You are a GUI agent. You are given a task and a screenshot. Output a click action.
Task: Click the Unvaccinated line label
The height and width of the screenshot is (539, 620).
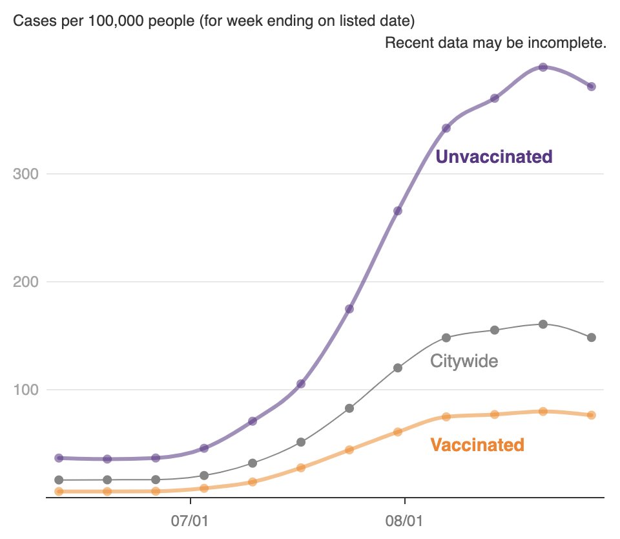(494, 156)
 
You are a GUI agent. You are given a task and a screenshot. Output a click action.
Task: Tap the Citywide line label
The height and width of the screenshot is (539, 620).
(464, 361)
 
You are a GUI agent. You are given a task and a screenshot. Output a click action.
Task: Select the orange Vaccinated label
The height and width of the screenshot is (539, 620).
(477, 445)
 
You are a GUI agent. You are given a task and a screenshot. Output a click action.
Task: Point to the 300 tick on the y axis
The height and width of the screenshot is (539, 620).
(26, 174)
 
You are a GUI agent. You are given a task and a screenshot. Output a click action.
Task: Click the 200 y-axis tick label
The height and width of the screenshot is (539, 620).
(26, 282)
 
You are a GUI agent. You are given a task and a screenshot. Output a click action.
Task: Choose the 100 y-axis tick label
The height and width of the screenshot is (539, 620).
(26, 390)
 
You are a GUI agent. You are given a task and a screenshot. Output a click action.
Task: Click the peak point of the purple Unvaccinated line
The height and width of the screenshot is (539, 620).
(543, 67)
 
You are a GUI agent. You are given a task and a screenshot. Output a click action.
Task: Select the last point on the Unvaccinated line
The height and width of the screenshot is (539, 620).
(591, 87)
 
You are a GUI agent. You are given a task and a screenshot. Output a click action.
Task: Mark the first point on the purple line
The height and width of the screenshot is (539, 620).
(59, 458)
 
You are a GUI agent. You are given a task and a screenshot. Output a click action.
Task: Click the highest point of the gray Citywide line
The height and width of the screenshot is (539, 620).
(543, 324)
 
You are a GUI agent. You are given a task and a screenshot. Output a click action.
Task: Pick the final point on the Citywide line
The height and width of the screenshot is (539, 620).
(591, 337)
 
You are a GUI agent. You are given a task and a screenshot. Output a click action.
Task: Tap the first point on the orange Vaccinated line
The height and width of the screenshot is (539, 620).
(59, 492)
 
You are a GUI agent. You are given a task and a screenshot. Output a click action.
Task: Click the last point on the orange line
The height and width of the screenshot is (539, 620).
(591, 415)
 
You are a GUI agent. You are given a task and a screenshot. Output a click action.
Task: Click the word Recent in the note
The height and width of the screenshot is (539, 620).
(405, 43)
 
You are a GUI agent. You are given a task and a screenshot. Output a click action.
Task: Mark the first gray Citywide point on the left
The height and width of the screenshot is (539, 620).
(59, 480)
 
